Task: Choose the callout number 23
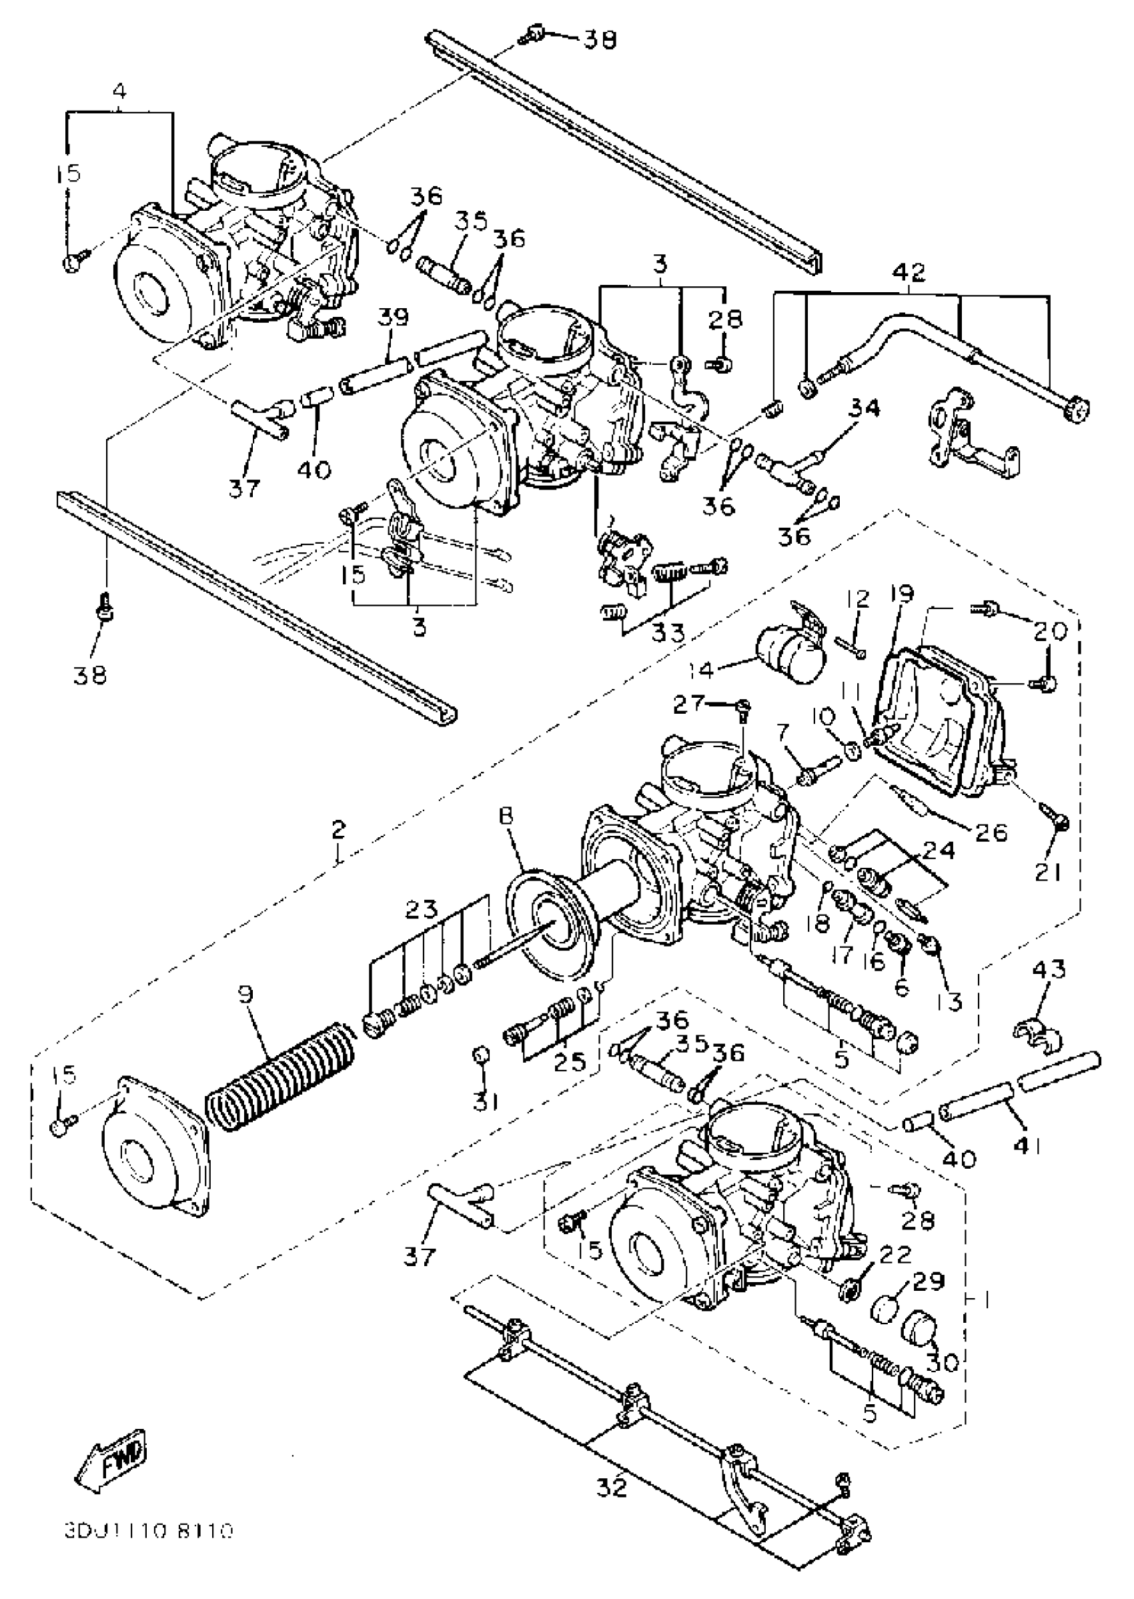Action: (x=422, y=910)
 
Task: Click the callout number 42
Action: (x=910, y=272)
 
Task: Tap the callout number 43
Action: (x=1049, y=971)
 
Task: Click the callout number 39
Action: (x=393, y=318)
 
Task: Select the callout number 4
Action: (x=119, y=91)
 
